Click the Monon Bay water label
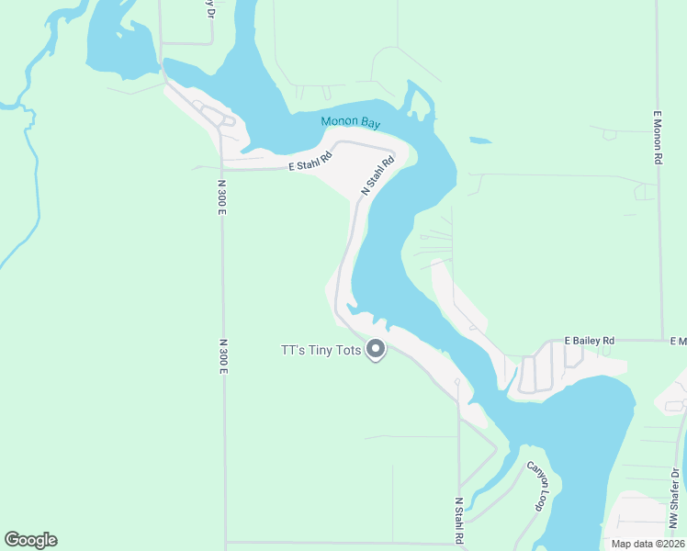click(350, 123)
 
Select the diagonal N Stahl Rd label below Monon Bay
click(377, 174)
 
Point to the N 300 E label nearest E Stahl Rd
click(222, 197)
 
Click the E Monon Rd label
click(658, 138)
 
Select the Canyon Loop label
click(536, 485)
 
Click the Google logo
click(30, 540)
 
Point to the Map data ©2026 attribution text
click(648, 544)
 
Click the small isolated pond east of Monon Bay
click(479, 141)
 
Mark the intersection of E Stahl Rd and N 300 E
click(222, 169)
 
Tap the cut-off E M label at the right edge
click(678, 341)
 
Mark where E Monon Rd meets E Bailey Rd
click(661, 340)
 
